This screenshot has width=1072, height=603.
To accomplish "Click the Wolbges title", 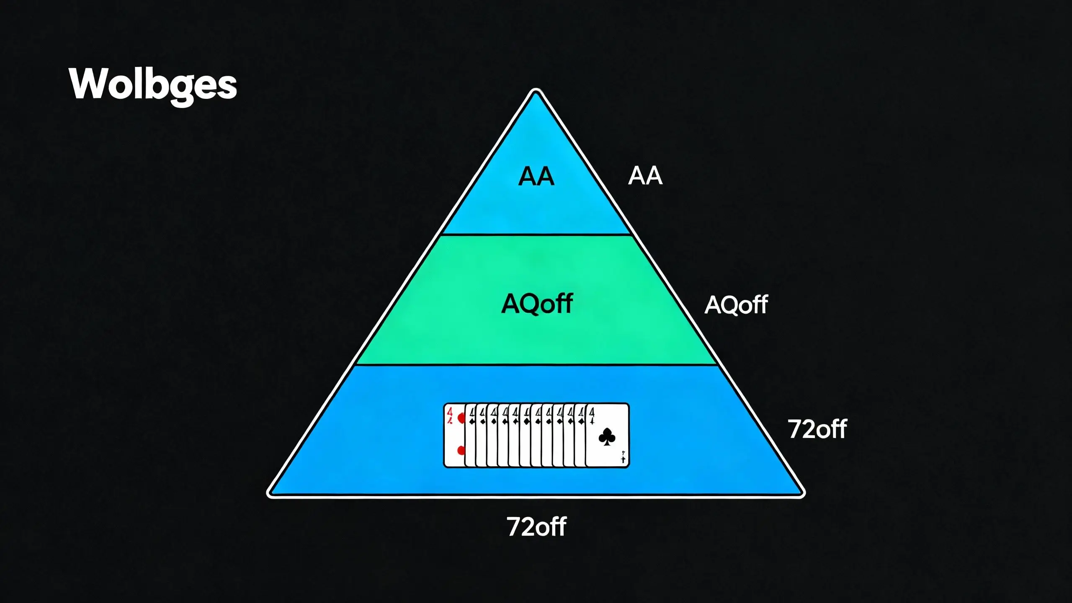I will point(153,85).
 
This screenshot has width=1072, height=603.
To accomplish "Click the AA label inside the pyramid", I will point(536,176).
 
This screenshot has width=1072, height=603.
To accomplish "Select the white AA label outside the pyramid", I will point(645,176).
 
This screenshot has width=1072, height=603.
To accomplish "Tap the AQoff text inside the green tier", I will point(537,304).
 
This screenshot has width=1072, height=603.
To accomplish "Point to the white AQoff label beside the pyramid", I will point(736,305).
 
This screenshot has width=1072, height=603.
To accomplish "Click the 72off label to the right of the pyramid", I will point(817,429).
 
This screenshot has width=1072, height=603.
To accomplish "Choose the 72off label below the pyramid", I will point(536,527).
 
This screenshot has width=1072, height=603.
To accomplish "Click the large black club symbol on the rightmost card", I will point(607,437).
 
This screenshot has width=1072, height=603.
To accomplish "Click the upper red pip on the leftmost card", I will point(461,418).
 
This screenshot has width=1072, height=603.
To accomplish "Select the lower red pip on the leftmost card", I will point(461,451).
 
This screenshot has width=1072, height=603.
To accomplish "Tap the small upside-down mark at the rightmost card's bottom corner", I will point(623,457).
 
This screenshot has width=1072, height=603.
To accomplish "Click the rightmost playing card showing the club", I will point(607,435).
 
